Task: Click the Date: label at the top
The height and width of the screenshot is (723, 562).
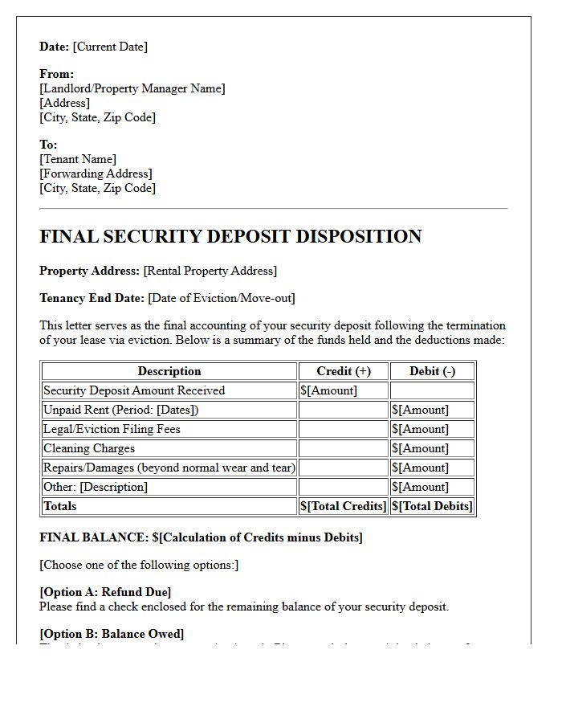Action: pyautogui.click(x=55, y=47)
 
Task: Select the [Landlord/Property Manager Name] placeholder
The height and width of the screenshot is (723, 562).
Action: pyautogui.click(x=132, y=88)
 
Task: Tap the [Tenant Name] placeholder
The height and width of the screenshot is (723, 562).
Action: pyautogui.click(x=78, y=159)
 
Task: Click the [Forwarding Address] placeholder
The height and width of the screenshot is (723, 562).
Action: pyautogui.click(x=96, y=174)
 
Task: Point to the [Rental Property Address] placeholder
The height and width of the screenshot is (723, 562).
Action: pyautogui.click(x=210, y=271)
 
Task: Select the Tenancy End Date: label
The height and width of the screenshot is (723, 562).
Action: pyautogui.click(x=92, y=298)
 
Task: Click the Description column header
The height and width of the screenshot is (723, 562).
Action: pyautogui.click(x=169, y=371)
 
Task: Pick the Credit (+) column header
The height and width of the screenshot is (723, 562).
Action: pyautogui.click(x=344, y=371)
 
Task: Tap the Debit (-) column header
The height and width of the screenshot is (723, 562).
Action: pyautogui.click(x=432, y=371)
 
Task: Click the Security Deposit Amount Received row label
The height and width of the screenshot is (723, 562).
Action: pyautogui.click(x=134, y=390)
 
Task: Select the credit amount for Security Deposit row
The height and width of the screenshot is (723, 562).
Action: pyautogui.click(x=328, y=390)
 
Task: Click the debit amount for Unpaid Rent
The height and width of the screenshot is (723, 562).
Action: pyautogui.click(x=420, y=410)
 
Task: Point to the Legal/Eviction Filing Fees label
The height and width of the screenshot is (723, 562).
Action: pyautogui.click(x=112, y=429)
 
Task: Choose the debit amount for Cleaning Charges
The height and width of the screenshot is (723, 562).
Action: pyautogui.click(x=420, y=448)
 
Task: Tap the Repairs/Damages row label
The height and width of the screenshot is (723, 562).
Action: pyautogui.click(x=169, y=468)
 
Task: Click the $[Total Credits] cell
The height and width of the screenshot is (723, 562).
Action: pyautogui.click(x=344, y=506)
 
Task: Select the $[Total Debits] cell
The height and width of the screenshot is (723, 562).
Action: pyautogui.click(x=432, y=506)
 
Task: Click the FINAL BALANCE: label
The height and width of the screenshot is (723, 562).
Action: pyautogui.click(x=94, y=537)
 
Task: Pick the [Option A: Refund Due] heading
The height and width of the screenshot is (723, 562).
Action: pyautogui.click(x=105, y=593)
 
